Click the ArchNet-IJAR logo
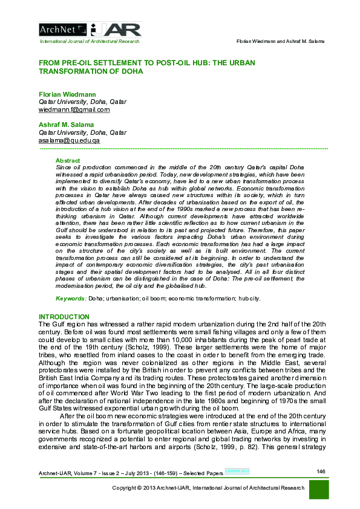coord(90,28)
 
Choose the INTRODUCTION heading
coord(64,317)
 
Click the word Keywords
coord(71,299)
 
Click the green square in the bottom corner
coord(318,490)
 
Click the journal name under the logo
coord(89,41)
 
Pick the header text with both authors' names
coord(279,41)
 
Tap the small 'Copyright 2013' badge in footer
coord(237,471)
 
